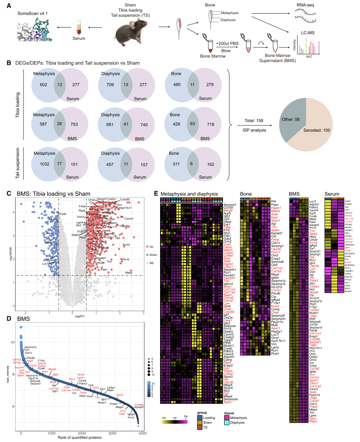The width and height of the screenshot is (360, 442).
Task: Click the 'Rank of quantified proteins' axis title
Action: point(80,437)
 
